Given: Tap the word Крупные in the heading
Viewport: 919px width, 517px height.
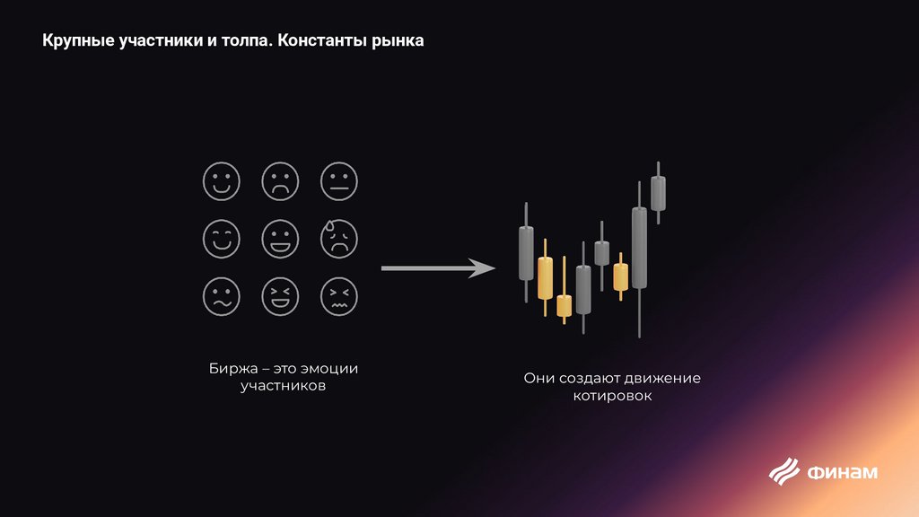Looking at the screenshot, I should coord(78,41).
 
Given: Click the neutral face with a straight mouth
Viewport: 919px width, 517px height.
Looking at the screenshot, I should coord(338,181).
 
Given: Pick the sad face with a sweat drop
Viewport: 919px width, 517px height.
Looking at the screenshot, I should coord(338,238).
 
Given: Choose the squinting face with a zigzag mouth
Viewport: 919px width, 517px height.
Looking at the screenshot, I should coord(338,295).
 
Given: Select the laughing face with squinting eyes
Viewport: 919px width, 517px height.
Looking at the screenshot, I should coord(278,295).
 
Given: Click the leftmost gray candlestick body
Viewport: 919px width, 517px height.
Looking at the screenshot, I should coord(526,252).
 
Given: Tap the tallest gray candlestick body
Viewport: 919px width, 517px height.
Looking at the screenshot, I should coord(639,248).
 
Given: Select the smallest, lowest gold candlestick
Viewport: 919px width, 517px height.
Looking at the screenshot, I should coord(564,306).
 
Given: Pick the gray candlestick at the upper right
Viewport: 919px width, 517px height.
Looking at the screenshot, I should coord(659,193).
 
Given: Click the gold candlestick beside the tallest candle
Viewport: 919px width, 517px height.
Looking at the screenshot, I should coord(620,276).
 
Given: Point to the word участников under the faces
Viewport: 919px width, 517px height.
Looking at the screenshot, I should coord(283,387).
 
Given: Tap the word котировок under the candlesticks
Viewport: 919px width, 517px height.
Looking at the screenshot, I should coord(612,396).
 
